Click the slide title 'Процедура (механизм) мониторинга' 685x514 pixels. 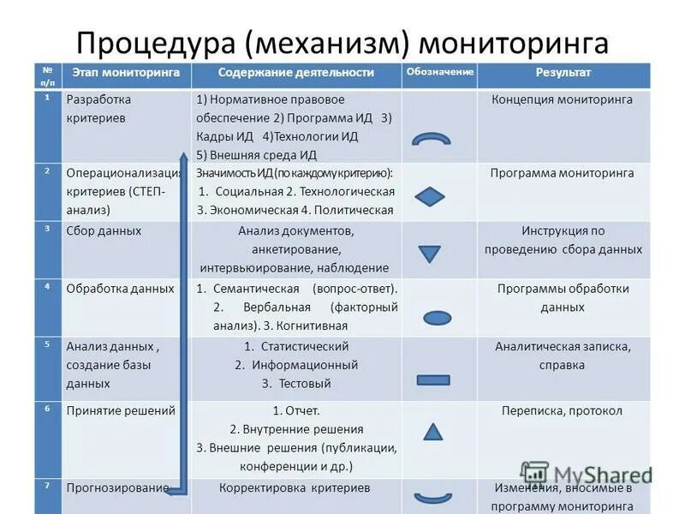tap(342, 42)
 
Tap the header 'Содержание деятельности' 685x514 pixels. tap(295, 73)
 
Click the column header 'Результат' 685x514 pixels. tap(563, 73)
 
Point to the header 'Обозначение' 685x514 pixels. tap(439, 72)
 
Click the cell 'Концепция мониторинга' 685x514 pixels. tap(562, 99)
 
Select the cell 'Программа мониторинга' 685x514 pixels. tap(562, 173)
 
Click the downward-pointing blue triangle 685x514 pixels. tap(428, 254)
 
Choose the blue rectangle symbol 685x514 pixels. tap(432, 380)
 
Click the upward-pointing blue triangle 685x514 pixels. tap(433, 432)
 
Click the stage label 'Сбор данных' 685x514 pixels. tap(104, 231)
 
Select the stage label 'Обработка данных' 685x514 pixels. tap(120, 289)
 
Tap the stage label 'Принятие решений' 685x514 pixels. tap(120, 410)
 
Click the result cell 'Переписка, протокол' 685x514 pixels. tap(562, 410)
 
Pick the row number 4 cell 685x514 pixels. tap(48, 286)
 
